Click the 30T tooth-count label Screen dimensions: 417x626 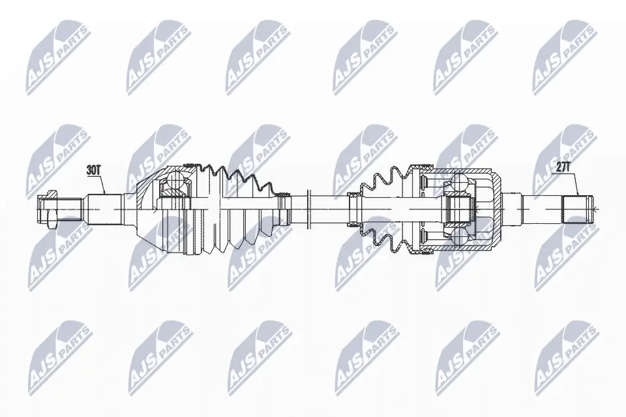tap(95, 170)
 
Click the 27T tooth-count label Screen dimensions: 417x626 tap(563, 167)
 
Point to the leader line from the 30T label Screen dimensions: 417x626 tap(102, 185)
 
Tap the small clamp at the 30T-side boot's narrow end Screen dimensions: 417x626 tap(284, 208)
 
